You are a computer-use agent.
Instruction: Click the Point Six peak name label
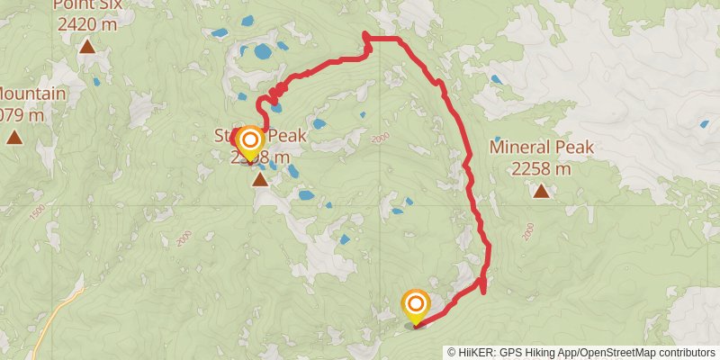coord(87,4)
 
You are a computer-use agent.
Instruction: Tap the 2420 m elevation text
coord(87,24)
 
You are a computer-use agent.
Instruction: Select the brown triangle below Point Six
coord(88,47)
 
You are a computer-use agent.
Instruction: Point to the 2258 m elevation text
coord(541,168)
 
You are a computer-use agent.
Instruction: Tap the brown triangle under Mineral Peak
coord(541,191)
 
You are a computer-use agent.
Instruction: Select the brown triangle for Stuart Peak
coord(260,181)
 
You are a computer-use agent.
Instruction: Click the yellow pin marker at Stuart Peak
coord(248,142)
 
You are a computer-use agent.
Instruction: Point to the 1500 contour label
coord(37,211)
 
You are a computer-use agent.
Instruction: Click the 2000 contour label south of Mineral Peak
coord(527,232)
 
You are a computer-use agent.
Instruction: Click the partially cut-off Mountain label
coord(32,94)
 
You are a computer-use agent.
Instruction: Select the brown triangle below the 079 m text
coord(14,137)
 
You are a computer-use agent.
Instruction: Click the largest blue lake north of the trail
coord(261,51)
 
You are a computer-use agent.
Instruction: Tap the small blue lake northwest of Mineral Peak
coord(496,79)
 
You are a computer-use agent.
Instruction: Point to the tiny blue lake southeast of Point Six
coord(96,82)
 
